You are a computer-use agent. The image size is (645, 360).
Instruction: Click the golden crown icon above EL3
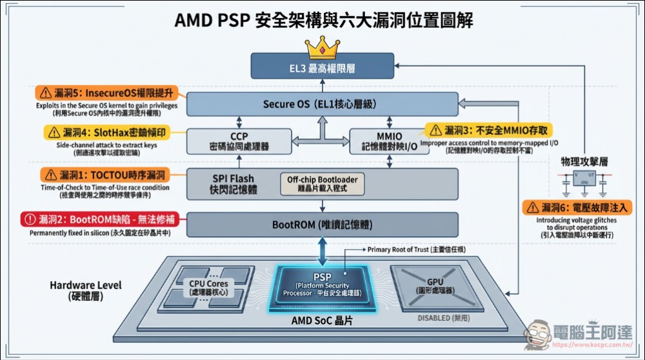click(x=322, y=46)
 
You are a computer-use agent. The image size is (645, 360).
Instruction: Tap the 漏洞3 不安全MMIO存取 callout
click(x=489, y=130)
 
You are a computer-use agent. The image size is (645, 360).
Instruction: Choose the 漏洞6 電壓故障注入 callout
click(x=577, y=207)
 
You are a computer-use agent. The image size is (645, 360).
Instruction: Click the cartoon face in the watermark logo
click(x=538, y=335)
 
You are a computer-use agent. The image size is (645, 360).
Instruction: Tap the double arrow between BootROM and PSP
click(x=322, y=248)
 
